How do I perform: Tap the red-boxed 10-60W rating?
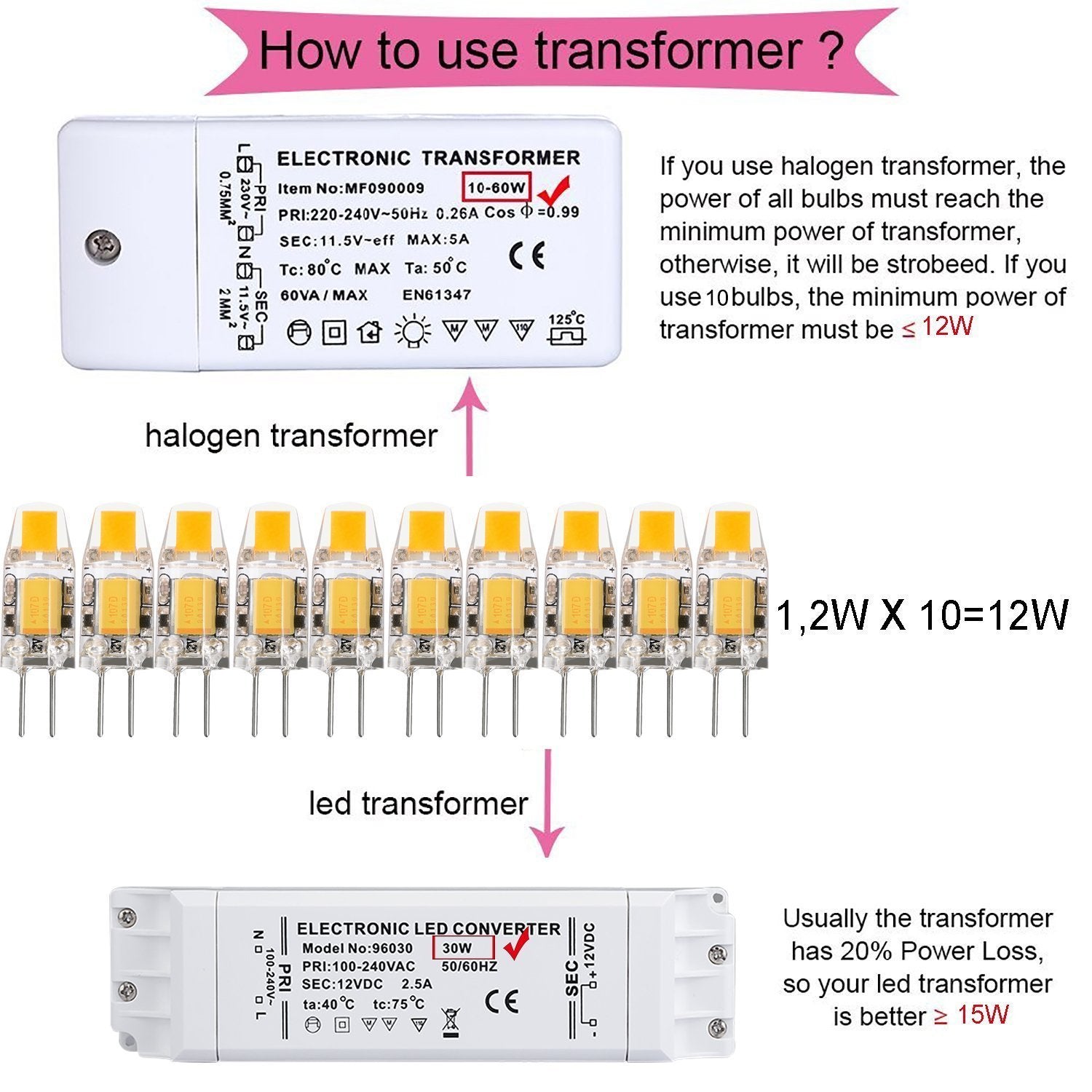[497, 188]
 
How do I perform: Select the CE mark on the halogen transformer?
[526, 256]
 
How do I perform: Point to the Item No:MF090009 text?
[351, 189]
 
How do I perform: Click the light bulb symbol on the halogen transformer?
[413, 331]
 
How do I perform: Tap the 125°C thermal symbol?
[566, 329]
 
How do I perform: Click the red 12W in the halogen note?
[947, 327]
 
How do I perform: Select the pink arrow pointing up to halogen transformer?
[470, 430]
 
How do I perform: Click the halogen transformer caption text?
[291, 436]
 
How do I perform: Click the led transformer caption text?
[418, 804]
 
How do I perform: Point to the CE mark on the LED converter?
[502, 1002]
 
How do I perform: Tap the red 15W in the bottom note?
[983, 1015]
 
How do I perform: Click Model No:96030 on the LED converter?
[357, 949]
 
